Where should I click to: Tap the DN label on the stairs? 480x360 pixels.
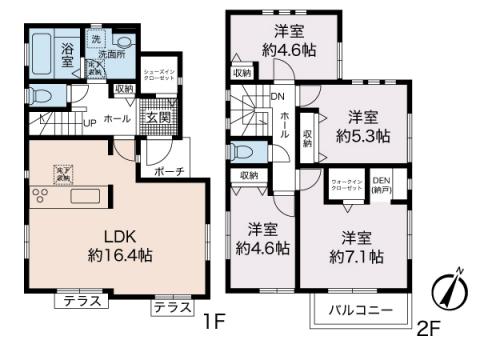[x=278, y=97]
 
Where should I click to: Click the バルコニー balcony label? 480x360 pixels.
[x=360, y=312]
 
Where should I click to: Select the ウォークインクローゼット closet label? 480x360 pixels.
[x=345, y=185]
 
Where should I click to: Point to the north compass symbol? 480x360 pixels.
[x=451, y=289]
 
